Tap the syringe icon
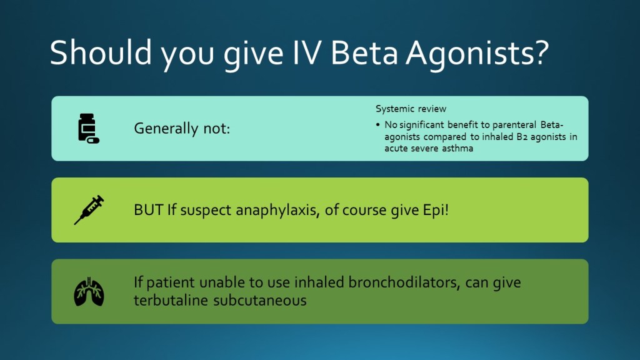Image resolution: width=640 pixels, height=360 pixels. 89,210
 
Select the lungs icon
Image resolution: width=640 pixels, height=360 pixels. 89,291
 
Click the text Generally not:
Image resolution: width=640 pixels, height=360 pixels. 182,129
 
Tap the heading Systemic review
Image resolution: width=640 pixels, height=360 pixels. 411,109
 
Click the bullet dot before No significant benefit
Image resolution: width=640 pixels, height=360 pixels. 378,125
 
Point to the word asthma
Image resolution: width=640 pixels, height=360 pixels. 457,148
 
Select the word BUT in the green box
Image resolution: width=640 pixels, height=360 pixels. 149,210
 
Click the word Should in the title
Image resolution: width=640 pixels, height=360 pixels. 101,52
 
